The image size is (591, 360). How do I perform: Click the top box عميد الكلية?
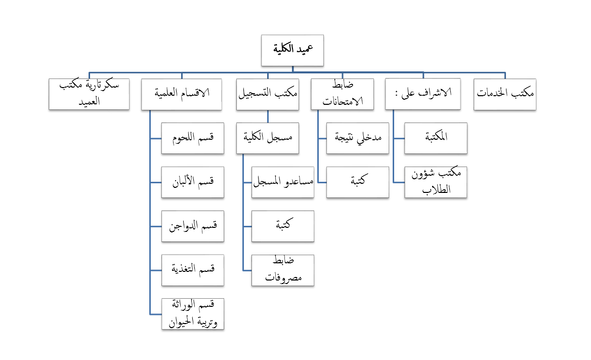(x=292, y=50)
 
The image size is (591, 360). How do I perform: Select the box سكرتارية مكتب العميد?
(x=89, y=94)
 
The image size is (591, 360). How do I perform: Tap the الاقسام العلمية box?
(x=182, y=94)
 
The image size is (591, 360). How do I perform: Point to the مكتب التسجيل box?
(x=268, y=94)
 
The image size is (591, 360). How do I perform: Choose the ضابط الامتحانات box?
(x=342, y=94)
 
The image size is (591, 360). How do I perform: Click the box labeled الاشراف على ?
(x=423, y=94)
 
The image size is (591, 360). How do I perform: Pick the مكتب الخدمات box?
(x=504, y=94)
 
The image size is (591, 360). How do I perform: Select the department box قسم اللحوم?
(x=192, y=138)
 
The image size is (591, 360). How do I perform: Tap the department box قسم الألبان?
(x=192, y=182)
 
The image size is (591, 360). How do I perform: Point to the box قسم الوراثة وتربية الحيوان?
(x=192, y=314)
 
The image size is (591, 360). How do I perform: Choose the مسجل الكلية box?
(x=268, y=138)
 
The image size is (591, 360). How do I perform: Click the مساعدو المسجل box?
(x=283, y=182)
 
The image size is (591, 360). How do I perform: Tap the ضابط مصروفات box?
(x=283, y=270)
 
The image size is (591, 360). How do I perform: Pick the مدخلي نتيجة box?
(x=357, y=138)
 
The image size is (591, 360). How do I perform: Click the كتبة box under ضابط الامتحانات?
(x=357, y=182)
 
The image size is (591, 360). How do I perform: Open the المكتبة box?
(x=436, y=138)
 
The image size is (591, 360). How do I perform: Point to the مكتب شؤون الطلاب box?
(x=436, y=182)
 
